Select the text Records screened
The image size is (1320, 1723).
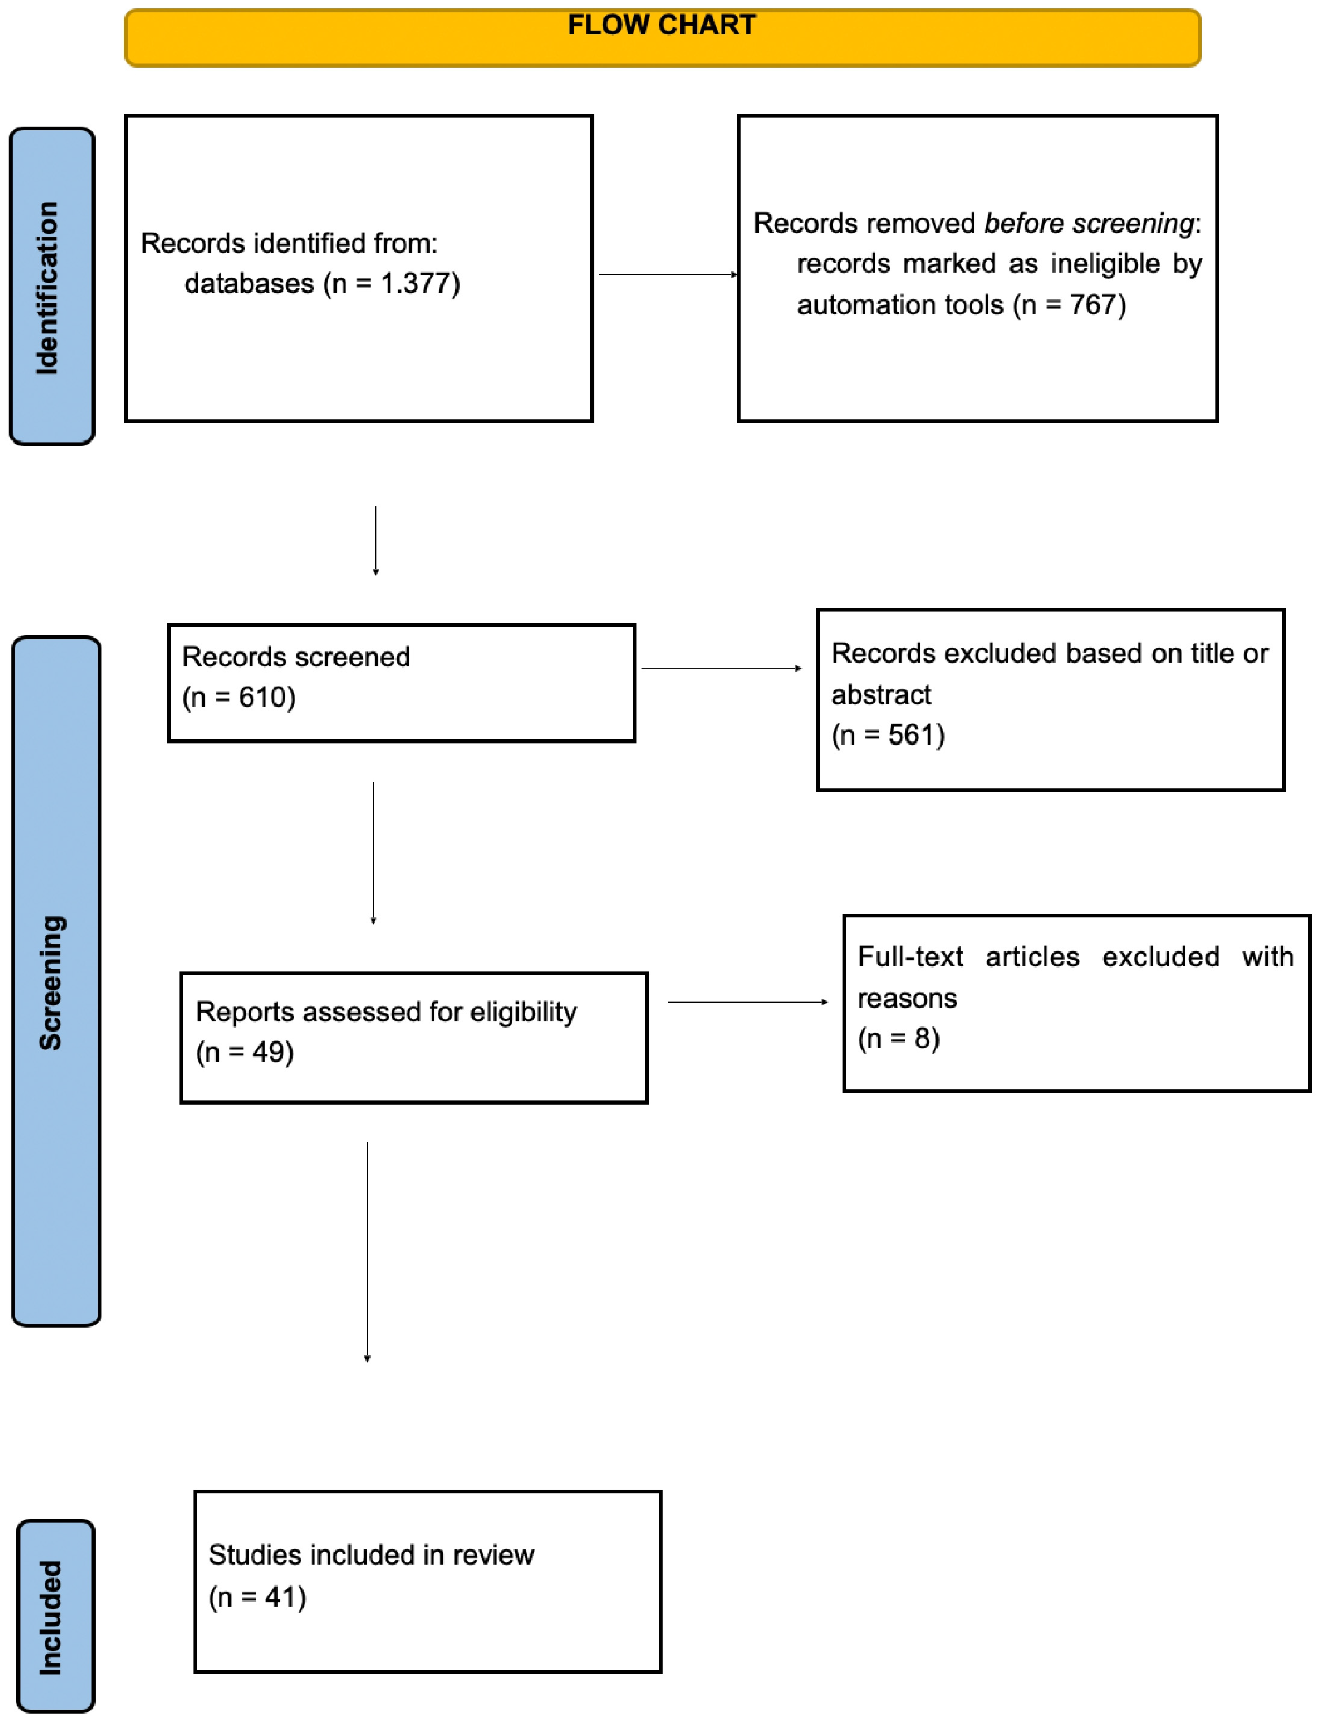(x=295, y=657)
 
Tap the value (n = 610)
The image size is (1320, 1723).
(x=239, y=697)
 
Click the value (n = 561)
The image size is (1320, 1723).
(x=888, y=735)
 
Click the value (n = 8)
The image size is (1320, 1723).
(x=898, y=1038)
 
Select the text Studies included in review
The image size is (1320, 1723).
(x=371, y=1555)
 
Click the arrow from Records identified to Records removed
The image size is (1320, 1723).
(x=668, y=274)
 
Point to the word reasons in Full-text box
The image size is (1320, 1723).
(x=907, y=998)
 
